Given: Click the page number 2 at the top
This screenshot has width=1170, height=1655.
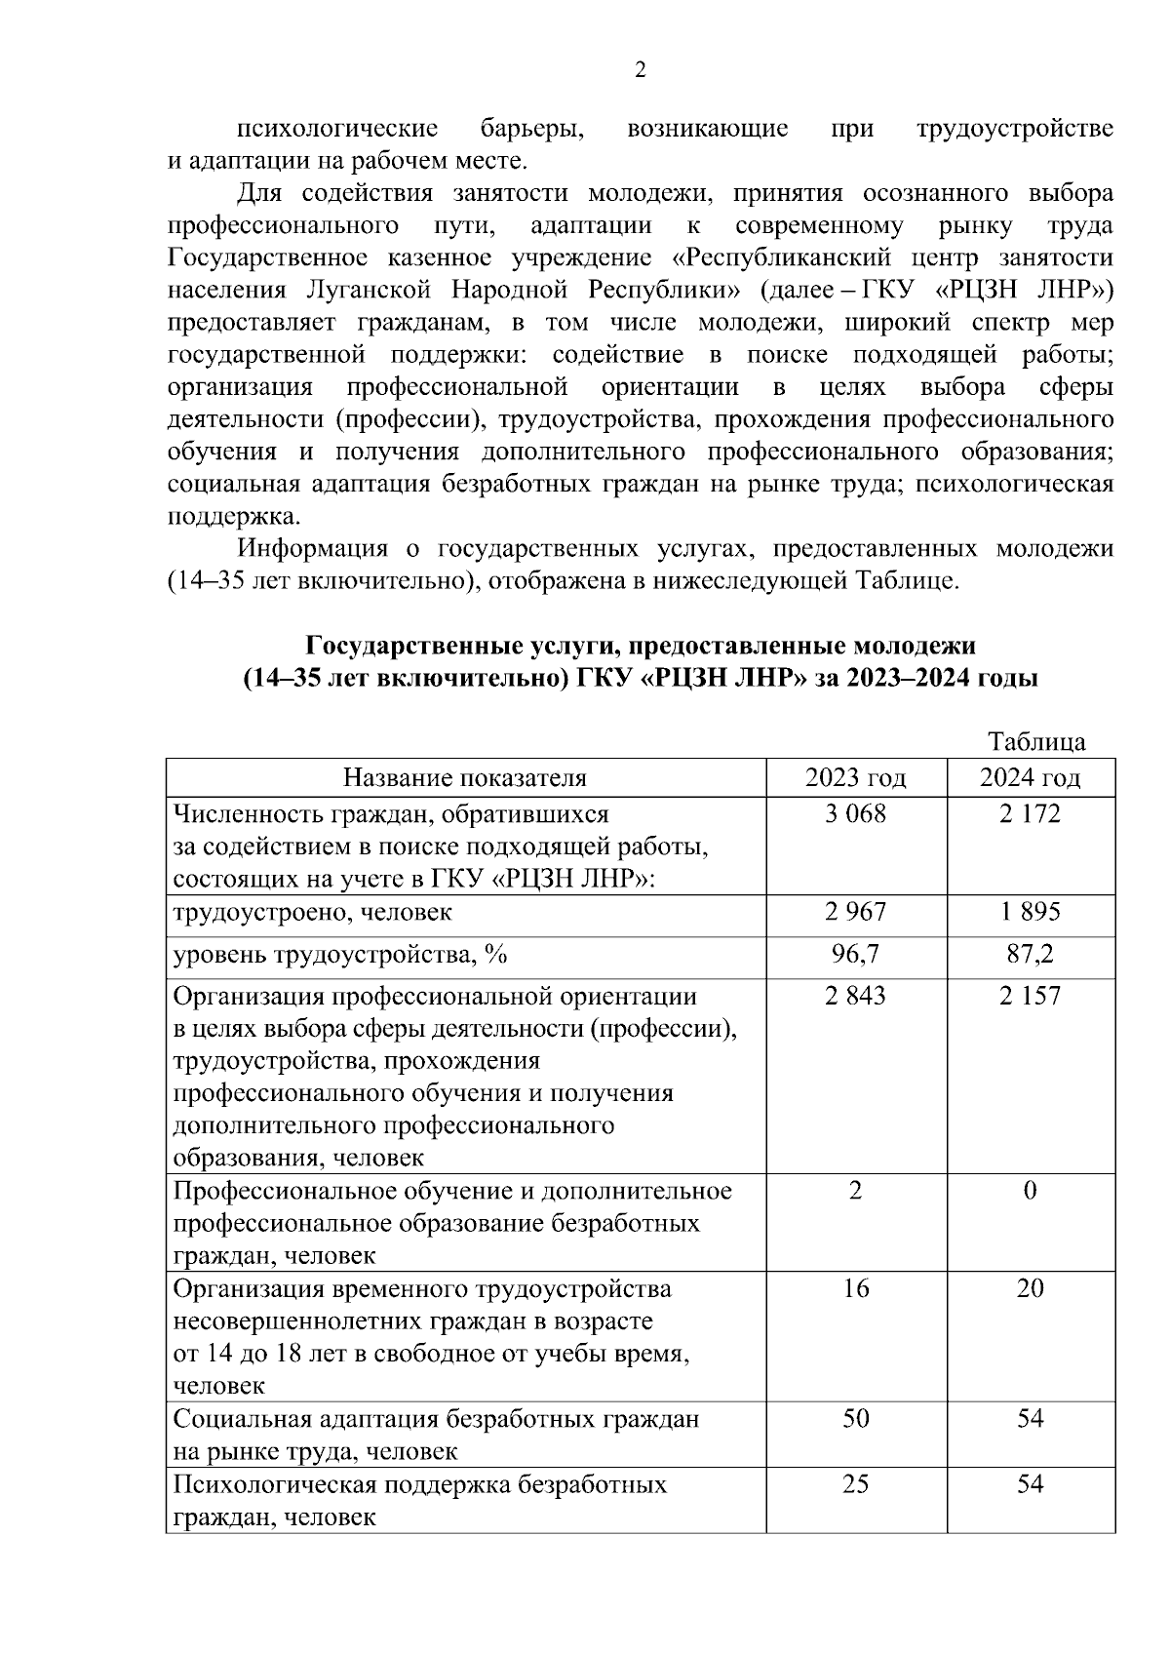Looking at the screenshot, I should (640, 70).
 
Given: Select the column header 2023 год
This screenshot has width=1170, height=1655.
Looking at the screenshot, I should (855, 777).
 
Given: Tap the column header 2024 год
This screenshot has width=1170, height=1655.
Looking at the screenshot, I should (1030, 777).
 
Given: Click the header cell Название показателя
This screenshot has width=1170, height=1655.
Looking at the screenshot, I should (465, 777).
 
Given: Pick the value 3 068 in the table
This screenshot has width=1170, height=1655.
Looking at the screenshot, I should (855, 813).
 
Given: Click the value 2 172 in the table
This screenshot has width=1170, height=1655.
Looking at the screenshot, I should (1030, 813).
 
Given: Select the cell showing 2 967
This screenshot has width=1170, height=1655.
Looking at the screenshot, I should (855, 912).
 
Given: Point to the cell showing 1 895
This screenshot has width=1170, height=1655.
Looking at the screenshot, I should (1030, 912).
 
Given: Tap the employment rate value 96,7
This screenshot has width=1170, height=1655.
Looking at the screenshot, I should (855, 954).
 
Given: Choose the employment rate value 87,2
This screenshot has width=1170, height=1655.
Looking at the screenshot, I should (1030, 954).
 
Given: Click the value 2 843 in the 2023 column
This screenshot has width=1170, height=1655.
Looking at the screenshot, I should (855, 996).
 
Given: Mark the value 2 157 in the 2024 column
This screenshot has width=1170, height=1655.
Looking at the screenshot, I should (1030, 996).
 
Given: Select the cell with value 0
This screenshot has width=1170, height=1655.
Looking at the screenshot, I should (1030, 1191).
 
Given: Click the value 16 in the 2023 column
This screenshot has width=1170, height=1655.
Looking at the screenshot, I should (855, 1288).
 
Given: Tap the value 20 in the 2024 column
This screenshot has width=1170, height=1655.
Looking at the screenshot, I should (1030, 1288).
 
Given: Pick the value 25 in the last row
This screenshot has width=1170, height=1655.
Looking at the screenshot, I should (855, 1484).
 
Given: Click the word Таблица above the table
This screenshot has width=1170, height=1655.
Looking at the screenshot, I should (1036, 741).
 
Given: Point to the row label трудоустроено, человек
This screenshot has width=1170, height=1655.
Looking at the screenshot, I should (312, 913).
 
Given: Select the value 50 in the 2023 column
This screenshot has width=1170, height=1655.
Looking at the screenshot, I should (855, 1418).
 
